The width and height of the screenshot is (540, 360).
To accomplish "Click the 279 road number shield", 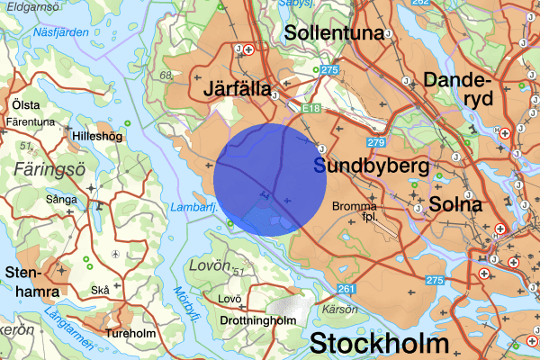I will [x=377, y=143].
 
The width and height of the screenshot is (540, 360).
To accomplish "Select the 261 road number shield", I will [x=347, y=289].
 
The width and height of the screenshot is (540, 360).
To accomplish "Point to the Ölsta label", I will [x=26, y=103].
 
